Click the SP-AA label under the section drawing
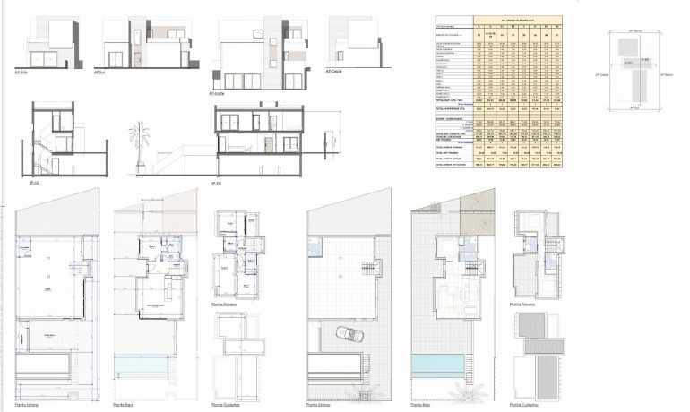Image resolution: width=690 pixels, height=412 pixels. click(x=36, y=182)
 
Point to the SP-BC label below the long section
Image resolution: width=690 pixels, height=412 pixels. click(x=215, y=183)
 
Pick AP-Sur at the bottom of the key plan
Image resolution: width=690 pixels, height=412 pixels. click(x=636, y=108)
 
